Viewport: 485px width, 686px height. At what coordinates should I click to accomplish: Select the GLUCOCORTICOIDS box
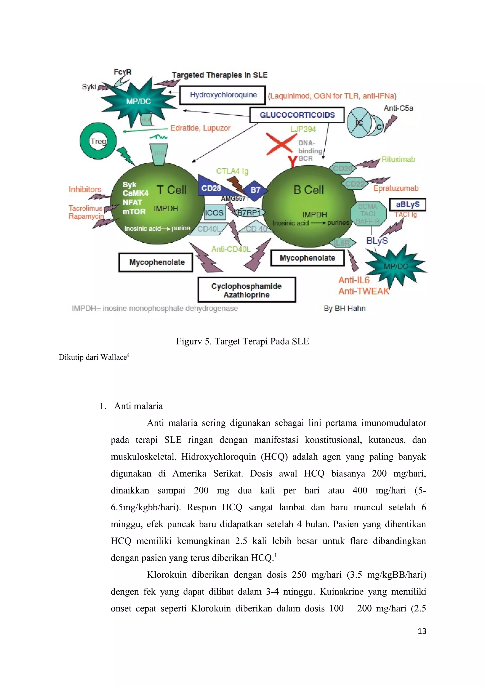click(x=297, y=115)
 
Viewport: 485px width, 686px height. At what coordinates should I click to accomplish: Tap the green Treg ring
click(x=98, y=141)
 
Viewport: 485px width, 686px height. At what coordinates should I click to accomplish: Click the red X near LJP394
click(x=280, y=144)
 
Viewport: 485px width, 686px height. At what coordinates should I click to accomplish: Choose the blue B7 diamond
click(x=255, y=190)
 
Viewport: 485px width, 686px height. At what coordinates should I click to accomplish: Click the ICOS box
click(x=214, y=213)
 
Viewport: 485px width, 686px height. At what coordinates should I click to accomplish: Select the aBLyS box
click(x=407, y=205)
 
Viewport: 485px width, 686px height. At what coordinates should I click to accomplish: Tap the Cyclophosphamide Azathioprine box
click(x=247, y=290)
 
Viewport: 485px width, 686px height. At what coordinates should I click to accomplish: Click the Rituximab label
click(x=398, y=160)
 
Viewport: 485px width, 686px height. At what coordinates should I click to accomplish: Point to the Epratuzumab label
click(x=396, y=188)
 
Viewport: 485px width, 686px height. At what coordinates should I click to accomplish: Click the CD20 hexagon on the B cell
click(x=343, y=169)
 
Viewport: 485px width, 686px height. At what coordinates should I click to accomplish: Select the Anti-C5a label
click(x=398, y=108)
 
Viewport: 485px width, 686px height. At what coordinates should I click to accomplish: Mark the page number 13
click(x=422, y=631)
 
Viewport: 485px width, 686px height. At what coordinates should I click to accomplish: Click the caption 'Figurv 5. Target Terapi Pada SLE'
click(x=242, y=341)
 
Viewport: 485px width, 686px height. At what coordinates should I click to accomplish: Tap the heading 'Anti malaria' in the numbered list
click(x=138, y=406)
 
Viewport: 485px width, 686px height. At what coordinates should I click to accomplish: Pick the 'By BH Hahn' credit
click(x=345, y=308)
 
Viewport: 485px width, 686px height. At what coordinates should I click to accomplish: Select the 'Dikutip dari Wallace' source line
click(x=94, y=357)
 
